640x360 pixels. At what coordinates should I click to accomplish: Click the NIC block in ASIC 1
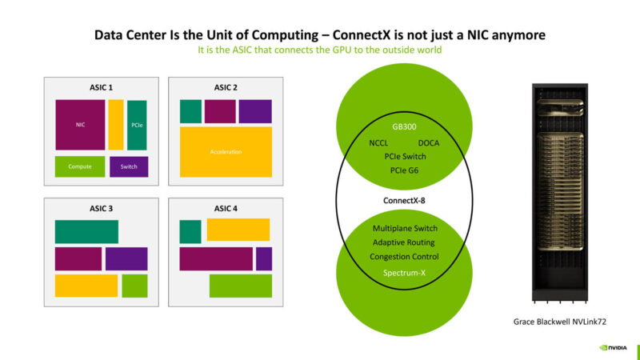click(x=80, y=125)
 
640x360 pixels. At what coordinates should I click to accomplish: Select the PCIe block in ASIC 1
click(x=137, y=125)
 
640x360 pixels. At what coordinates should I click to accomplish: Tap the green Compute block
click(x=80, y=166)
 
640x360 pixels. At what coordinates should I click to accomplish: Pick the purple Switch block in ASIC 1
click(x=129, y=166)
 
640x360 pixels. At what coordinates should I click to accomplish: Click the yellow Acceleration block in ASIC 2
click(x=226, y=152)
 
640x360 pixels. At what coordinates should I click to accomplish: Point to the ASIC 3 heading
click(x=100, y=208)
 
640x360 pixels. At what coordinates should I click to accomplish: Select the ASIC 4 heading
click(x=226, y=208)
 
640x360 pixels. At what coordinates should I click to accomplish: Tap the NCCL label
click(x=378, y=143)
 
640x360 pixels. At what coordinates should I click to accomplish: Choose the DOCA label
click(x=430, y=143)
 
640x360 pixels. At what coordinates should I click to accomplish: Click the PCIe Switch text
click(x=404, y=157)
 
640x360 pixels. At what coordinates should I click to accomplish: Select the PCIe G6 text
click(x=404, y=170)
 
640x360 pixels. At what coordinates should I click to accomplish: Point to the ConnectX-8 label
click(x=404, y=199)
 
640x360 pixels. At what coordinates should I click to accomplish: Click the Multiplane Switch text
click(x=404, y=229)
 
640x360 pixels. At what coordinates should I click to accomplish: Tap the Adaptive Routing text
click(x=404, y=242)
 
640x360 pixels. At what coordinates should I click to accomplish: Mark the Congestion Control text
click(x=404, y=257)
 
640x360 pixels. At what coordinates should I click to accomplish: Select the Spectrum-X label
click(x=404, y=274)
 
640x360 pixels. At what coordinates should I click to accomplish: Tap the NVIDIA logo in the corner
click(x=614, y=348)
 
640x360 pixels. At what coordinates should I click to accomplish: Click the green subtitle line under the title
click(x=320, y=50)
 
